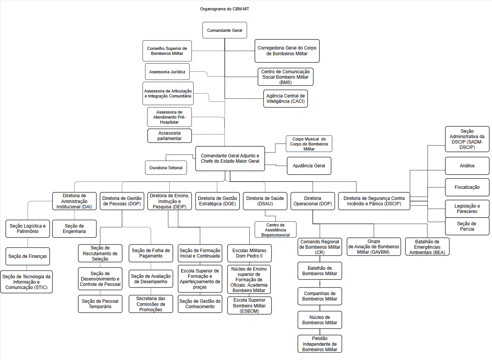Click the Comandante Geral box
pyautogui.click(x=225, y=30)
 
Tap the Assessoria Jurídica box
pyautogui.click(x=167, y=72)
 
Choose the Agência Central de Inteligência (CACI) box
pyautogui.click(x=286, y=99)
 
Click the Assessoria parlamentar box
pyautogui.click(x=169, y=135)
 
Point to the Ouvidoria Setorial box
pyautogui.click(x=166, y=168)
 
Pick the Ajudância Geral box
pyautogui.click(x=309, y=166)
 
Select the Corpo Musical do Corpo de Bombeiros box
pyautogui.click(x=309, y=144)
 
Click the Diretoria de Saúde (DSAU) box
pyautogui.click(x=265, y=201)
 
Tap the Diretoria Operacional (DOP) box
pyautogui.click(x=313, y=201)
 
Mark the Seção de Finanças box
pyautogui.click(x=28, y=256)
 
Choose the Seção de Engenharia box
pyautogui.click(x=75, y=229)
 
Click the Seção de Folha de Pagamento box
pyautogui.click(x=151, y=253)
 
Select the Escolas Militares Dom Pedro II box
pyautogui.click(x=249, y=253)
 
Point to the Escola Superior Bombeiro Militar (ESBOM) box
pyautogui.click(x=249, y=306)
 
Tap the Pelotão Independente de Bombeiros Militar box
pyautogui.click(x=320, y=344)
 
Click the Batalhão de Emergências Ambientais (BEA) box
pyautogui.click(x=427, y=247)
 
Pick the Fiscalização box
pyautogui.click(x=467, y=187)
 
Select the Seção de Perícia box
pyautogui.click(x=467, y=226)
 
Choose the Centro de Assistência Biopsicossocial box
pyautogui.click(x=275, y=230)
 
